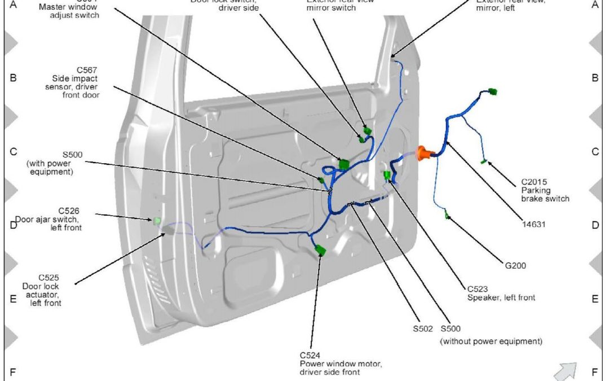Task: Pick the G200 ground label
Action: click(x=515, y=265)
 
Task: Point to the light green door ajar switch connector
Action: click(x=157, y=220)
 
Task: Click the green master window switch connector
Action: click(x=343, y=164)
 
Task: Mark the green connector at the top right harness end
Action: click(x=493, y=92)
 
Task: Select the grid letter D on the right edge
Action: click(x=594, y=225)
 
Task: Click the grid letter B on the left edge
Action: click(x=13, y=78)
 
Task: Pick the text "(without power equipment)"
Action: click(x=491, y=341)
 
